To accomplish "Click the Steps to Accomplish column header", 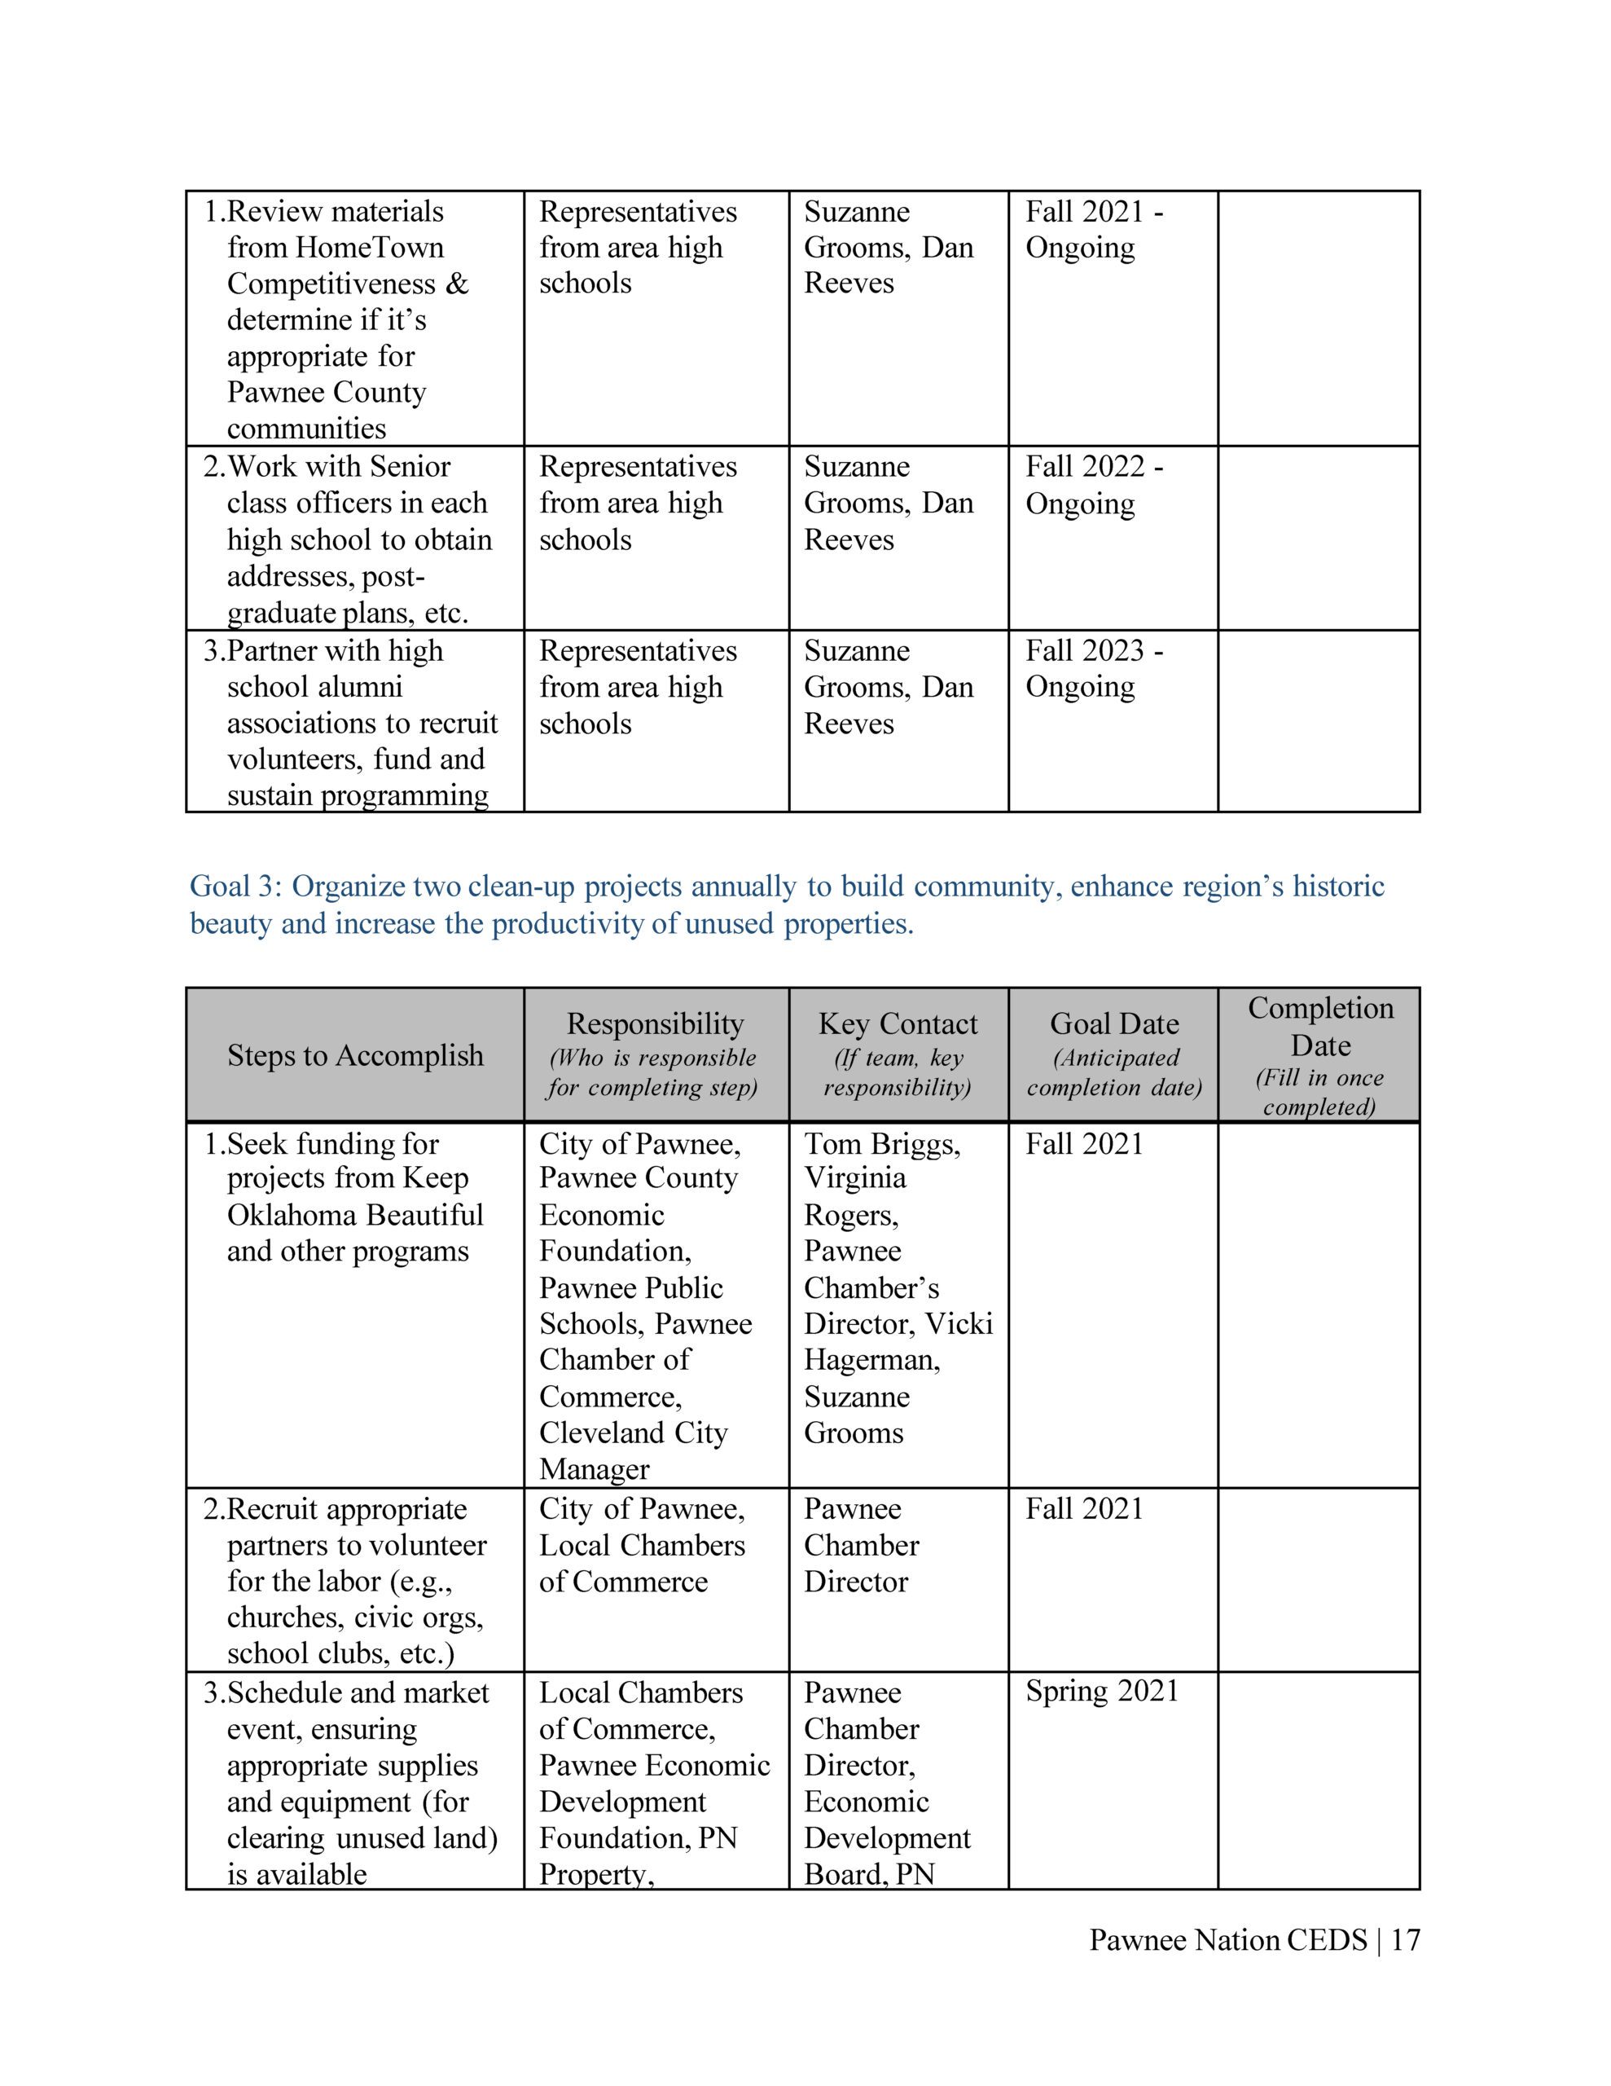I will (x=355, y=1055).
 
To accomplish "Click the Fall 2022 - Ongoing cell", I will (x=1095, y=485).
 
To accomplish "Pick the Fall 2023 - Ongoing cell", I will (x=1095, y=669).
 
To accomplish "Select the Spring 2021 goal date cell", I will (x=1102, y=1691).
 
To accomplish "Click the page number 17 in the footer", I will (x=1406, y=1940).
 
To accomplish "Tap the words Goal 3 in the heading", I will (x=235, y=887).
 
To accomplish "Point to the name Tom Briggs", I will (x=881, y=1143).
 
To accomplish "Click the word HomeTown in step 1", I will (x=370, y=248).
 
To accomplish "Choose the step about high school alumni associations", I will (x=361, y=722).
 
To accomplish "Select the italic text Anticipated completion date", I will (x=1114, y=1072).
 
